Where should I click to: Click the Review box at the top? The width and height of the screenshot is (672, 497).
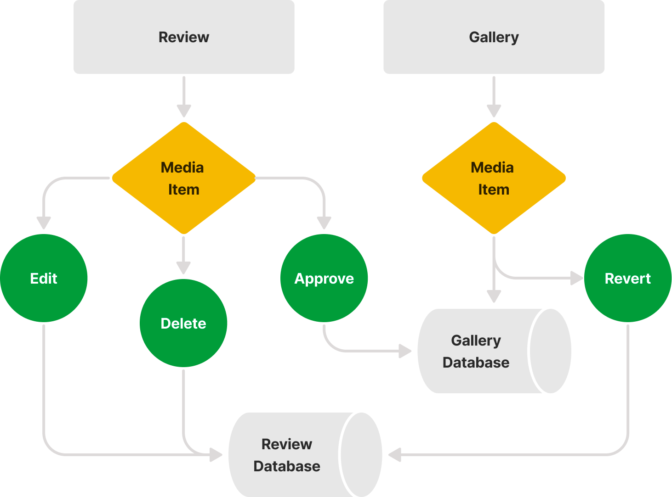point(184,37)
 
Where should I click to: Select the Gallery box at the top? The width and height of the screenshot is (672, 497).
point(494,37)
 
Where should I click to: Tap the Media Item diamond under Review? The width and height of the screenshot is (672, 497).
point(183,178)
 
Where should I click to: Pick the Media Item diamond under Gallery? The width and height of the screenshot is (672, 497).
point(494,178)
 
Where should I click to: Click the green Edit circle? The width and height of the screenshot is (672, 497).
point(44,278)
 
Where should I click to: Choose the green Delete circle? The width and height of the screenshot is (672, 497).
point(183,323)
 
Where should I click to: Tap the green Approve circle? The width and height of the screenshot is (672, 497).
point(324,278)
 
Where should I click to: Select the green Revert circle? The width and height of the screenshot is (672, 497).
point(627,278)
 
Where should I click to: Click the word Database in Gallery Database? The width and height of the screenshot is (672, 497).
point(476,363)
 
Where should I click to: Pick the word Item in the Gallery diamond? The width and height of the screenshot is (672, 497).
point(494,190)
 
